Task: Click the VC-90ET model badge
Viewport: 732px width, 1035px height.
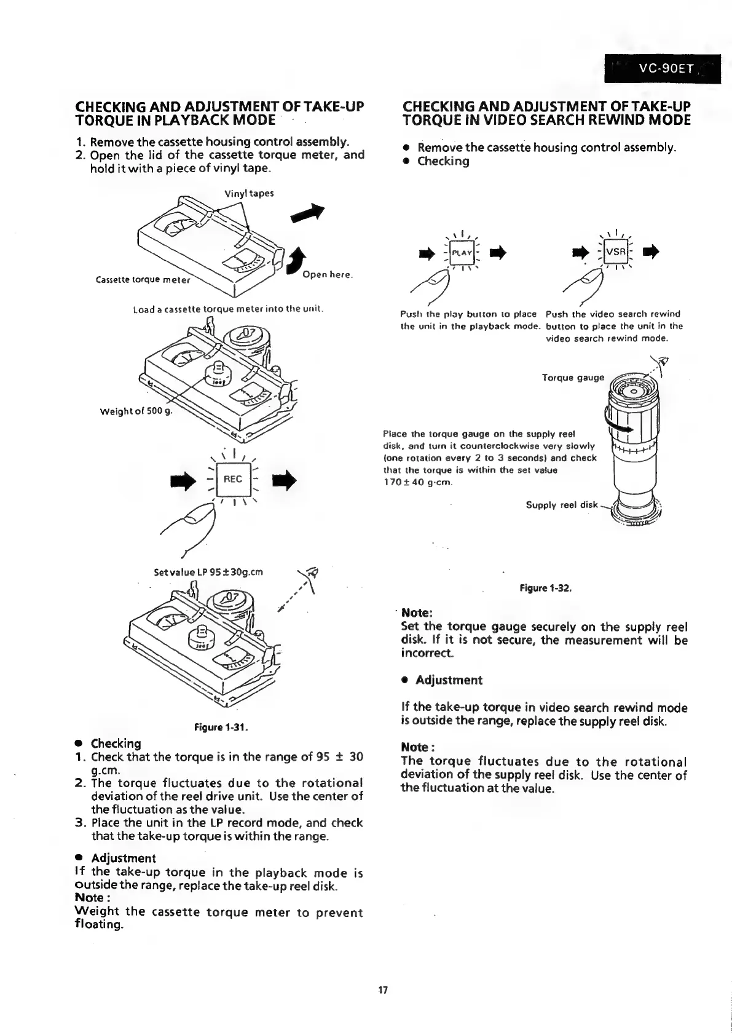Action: tap(662, 69)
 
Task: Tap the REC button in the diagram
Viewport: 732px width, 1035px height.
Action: tap(233, 479)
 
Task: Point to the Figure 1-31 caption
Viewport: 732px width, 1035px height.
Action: tap(221, 728)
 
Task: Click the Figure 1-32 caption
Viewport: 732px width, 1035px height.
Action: tap(546, 588)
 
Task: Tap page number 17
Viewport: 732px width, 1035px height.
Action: tap(383, 990)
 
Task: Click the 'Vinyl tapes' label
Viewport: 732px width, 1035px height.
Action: tap(249, 193)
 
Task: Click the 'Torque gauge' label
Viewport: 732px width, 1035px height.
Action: tap(573, 377)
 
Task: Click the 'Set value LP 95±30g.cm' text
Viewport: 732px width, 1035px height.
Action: tap(208, 572)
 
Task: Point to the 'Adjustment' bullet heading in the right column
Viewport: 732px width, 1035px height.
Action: tap(449, 680)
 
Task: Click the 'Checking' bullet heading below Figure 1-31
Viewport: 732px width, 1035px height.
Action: tap(116, 743)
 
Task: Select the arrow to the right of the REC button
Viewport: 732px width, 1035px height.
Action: tap(285, 479)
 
